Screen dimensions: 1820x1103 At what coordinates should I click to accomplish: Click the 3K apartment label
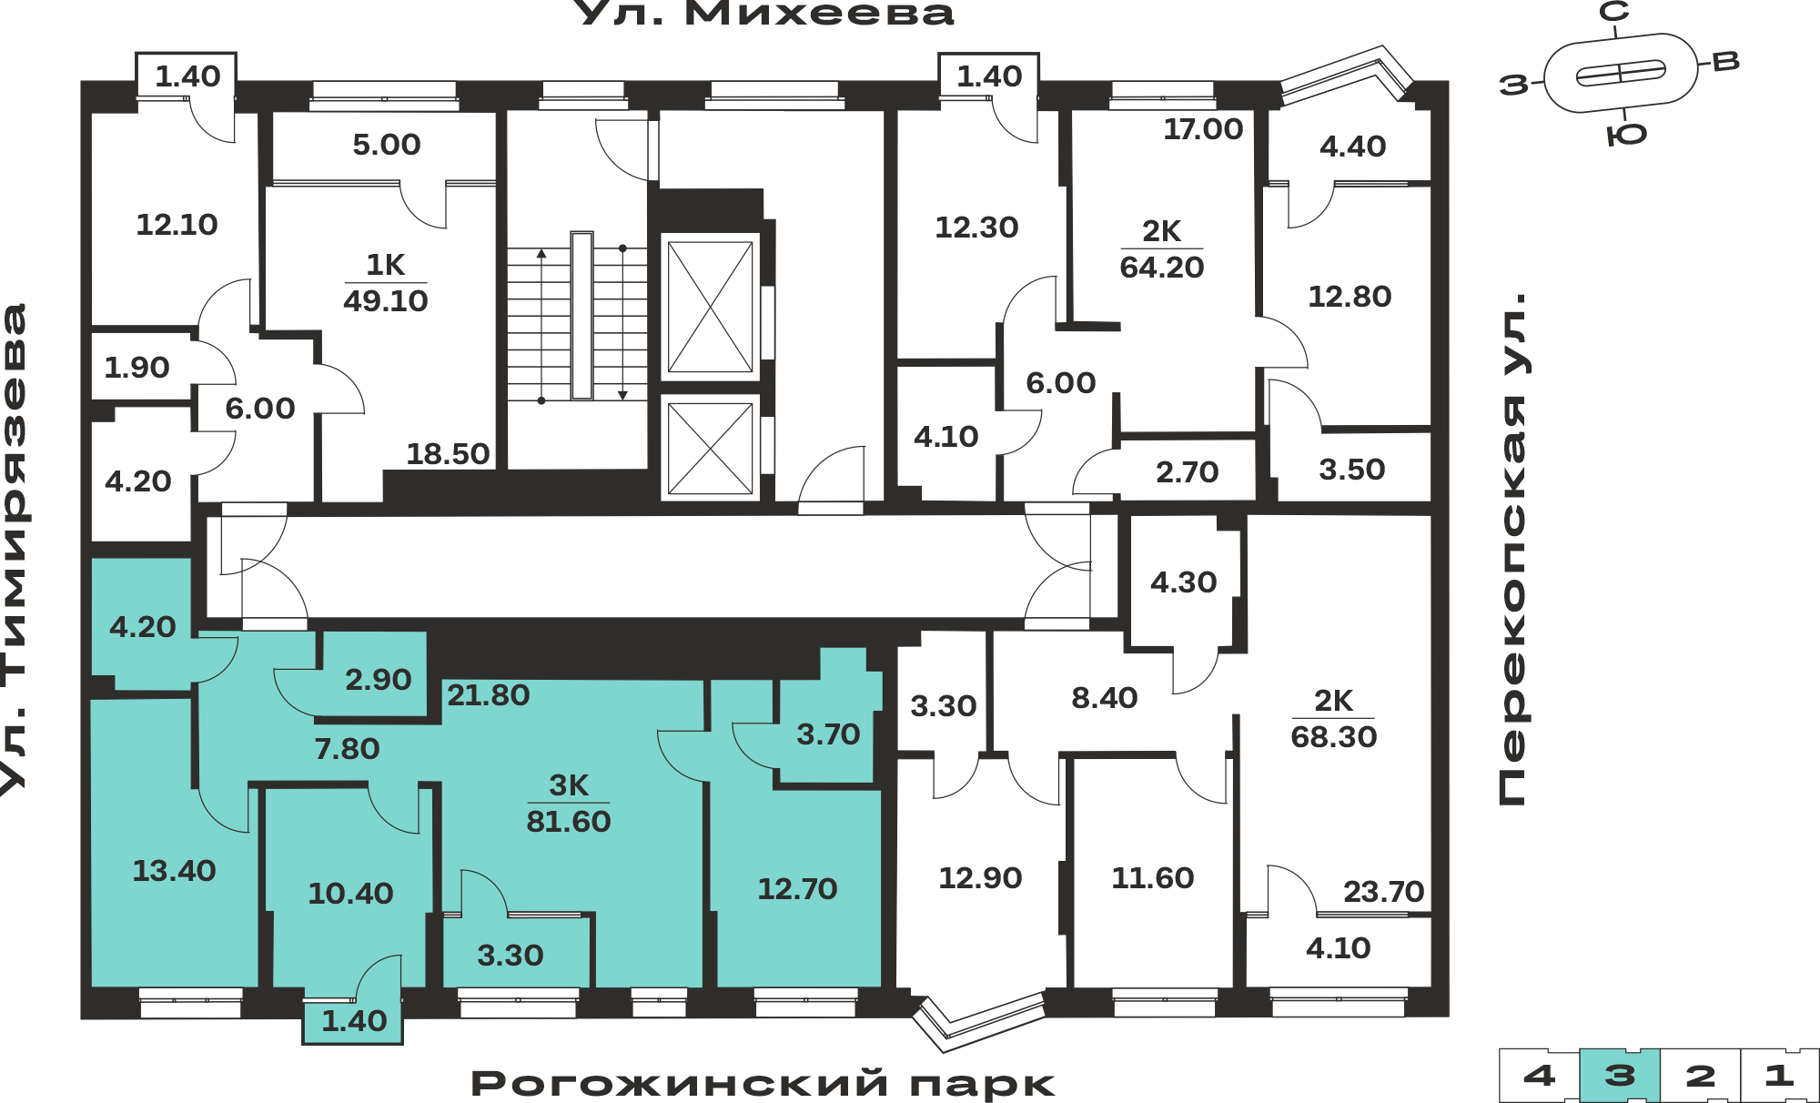click(569, 784)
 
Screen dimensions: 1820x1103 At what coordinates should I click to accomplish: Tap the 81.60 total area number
click(569, 821)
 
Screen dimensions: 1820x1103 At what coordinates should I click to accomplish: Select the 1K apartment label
click(386, 265)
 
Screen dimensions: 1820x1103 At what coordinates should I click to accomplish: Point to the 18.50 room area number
click(448, 453)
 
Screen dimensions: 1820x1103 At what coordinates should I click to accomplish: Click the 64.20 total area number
click(1162, 267)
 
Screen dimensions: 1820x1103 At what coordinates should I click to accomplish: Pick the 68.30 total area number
click(1334, 736)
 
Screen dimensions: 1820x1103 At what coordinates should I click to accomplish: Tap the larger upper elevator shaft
click(711, 307)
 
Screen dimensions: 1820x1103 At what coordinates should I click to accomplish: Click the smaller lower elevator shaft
click(711, 448)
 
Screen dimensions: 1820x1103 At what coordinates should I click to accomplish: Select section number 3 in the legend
click(1620, 1076)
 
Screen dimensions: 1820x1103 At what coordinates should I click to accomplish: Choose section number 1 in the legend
click(1779, 1076)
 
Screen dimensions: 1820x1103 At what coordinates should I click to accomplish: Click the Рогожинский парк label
click(763, 1084)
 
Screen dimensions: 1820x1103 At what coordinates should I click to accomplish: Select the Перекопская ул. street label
click(1512, 549)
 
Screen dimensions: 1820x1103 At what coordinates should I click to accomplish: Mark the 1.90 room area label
click(136, 367)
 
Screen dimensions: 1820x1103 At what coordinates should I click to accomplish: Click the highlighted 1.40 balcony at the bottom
click(354, 1021)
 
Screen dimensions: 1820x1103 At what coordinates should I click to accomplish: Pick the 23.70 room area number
click(1383, 891)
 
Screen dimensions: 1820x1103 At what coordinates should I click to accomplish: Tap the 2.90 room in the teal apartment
click(378, 679)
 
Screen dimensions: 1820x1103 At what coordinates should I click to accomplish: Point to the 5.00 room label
click(387, 144)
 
